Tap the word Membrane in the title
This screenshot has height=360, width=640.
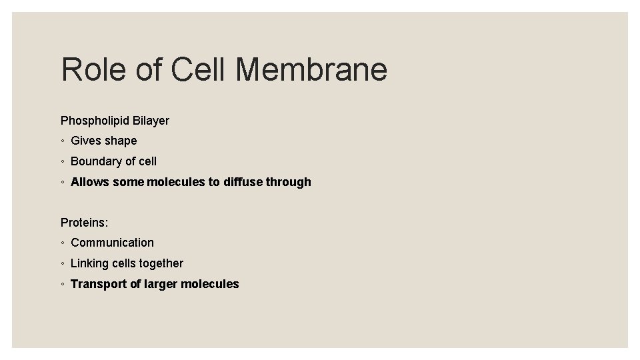pyautogui.click(x=311, y=69)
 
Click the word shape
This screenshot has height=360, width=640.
pyautogui.click(x=121, y=141)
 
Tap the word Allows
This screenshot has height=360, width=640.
pyautogui.click(x=90, y=182)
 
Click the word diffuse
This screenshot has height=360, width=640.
pyautogui.click(x=243, y=182)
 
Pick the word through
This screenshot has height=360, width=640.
pyautogui.click(x=289, y=182)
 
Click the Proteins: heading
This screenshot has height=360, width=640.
pyautogui.click(x=84, y=223)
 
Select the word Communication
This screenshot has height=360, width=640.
pyautogui.click(x=112, y=243)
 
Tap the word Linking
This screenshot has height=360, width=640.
pyautogui.click(x=89, y=263)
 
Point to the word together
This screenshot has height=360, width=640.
pyautogui.click(x=161, y=263)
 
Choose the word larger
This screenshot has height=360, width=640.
pyautogui.click(x=163, y=284)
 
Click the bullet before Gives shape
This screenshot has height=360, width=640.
pyautogui.click(x=61, y=141)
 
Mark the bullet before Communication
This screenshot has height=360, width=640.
pyautogui.click(x=61, y=243)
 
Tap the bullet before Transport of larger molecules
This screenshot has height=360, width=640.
pyautogui.click(x=61, y=285)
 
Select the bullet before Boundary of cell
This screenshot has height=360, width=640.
pyautogui.click(x=61, y=162)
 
